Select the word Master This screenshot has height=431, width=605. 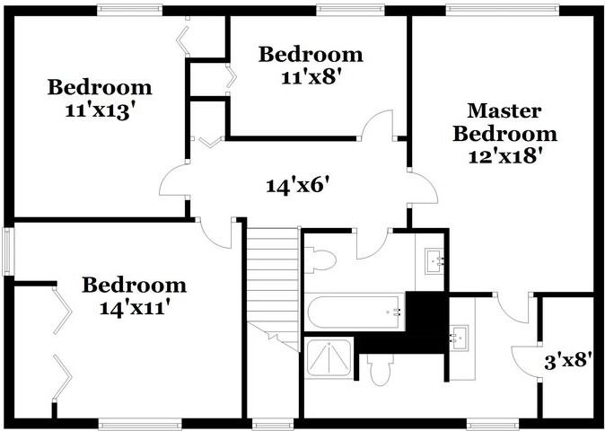click(504, 111)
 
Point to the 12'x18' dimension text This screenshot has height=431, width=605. click(504, 154)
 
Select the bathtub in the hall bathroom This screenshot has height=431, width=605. click(355, 312)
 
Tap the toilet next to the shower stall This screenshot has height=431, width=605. click(381, 368)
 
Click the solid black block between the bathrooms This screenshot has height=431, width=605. click(425, 319)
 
